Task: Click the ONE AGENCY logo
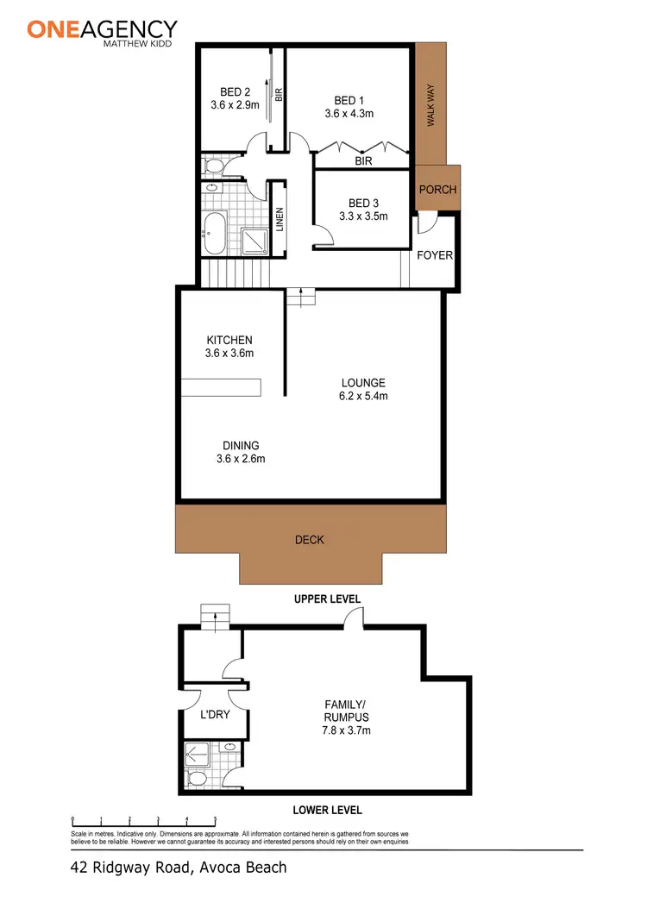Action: (102, 31)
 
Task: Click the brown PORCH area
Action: (437, 190)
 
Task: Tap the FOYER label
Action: (435, 255)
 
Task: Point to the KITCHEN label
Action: (229, 340)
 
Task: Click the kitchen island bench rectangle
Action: (220, 388)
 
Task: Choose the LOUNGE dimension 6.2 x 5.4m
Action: (363, 397)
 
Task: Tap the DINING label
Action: (240, 446)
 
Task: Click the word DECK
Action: (310, 540)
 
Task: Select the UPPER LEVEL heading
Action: (327, 599)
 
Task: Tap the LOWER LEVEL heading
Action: (327, 810)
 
